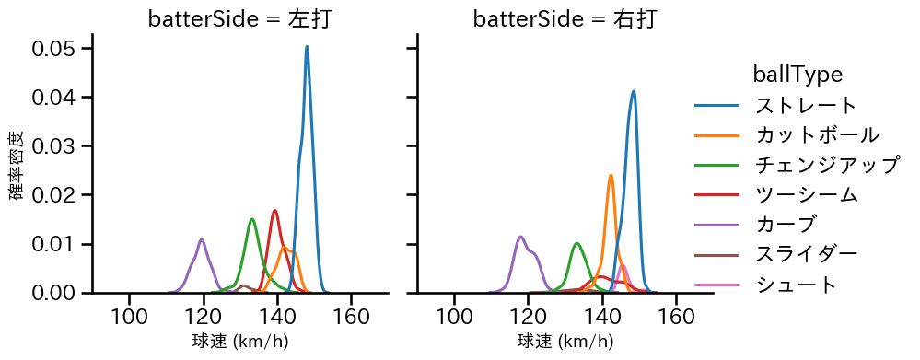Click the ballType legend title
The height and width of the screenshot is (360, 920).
(x=798, y=74)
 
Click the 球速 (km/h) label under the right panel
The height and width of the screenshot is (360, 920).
(x=565, y=343)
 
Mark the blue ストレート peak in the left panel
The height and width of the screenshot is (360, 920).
(x=307, y=47)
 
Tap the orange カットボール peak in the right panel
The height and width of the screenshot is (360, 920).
(x=611, y=175)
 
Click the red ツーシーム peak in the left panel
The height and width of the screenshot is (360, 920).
(x=274, y=211)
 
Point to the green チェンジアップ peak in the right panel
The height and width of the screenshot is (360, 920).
(x=576, y=244)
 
